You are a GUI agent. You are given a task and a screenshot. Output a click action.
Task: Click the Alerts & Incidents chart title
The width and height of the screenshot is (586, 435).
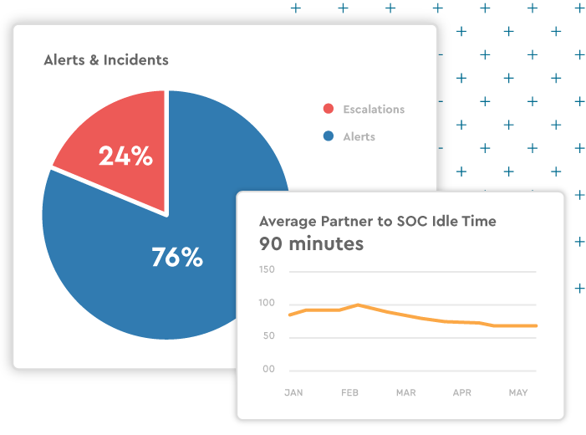coord(106,60)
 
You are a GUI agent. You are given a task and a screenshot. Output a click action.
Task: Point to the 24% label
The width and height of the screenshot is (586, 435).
coord(125,156)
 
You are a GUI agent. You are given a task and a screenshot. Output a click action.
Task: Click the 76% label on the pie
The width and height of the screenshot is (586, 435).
coord(177,257)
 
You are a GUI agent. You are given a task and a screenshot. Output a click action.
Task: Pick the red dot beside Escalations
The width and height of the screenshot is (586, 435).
coord(329,110)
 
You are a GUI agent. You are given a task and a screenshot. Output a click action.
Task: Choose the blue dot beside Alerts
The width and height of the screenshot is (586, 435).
coord(329,136)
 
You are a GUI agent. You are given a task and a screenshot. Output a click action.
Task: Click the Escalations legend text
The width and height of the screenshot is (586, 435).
coord(374,110)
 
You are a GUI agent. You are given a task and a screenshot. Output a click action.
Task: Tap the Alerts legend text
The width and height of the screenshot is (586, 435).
coord(359,136)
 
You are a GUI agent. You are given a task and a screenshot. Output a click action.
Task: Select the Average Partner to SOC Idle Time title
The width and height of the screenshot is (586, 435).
coord(378,222)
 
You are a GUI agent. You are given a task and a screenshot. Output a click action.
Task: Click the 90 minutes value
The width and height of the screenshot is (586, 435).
coord(311,244)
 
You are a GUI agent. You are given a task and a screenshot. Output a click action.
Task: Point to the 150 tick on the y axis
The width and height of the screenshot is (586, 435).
coord(267,270)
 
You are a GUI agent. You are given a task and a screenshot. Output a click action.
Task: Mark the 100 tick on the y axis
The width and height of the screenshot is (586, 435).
coord(267,303)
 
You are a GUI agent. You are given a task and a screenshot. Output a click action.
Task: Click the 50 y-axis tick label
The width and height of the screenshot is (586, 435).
coord(268,336)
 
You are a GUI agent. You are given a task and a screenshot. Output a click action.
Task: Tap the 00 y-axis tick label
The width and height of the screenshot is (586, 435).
coord(268,369)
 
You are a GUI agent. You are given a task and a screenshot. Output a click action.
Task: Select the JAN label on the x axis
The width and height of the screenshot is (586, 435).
coord(293,392)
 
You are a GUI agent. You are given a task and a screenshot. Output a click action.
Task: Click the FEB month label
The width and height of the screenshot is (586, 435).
coord(350,392)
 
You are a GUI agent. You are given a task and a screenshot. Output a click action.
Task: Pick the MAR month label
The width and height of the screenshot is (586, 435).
coord(406,392)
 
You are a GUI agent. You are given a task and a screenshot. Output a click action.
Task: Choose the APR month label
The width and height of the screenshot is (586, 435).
coord(462,392)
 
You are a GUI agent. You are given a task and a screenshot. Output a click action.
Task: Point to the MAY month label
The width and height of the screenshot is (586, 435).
coord(518,392)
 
